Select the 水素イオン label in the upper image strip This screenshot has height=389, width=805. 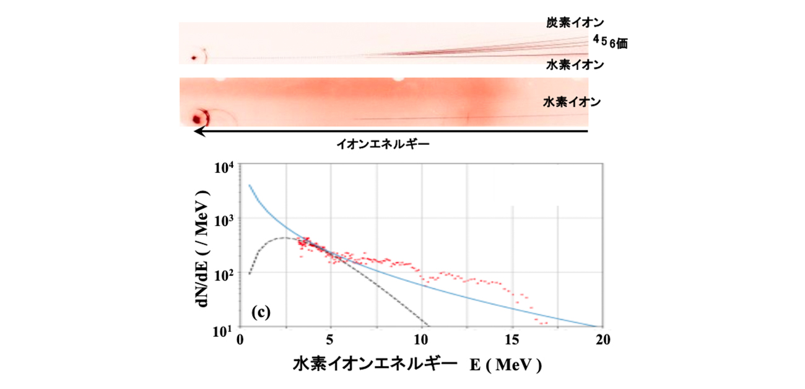click(575, 64)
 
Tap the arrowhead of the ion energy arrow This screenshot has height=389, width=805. click(196, 131)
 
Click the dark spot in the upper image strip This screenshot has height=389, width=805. click(194, 58)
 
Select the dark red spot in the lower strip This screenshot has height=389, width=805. click(199, 118)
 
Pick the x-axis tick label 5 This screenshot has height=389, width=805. click(331, 339)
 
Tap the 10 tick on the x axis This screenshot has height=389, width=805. click(421, 339)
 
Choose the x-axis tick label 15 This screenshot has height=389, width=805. click(512, 339)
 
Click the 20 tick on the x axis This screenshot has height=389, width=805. click(603, 339)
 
